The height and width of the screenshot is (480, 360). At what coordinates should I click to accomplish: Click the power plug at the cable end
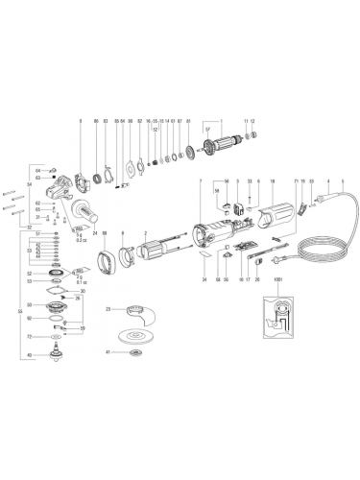coord(281,252)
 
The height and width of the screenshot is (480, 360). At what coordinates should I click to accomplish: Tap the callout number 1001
coord(278,281)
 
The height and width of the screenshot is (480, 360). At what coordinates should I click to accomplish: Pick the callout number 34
coord(204,279)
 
